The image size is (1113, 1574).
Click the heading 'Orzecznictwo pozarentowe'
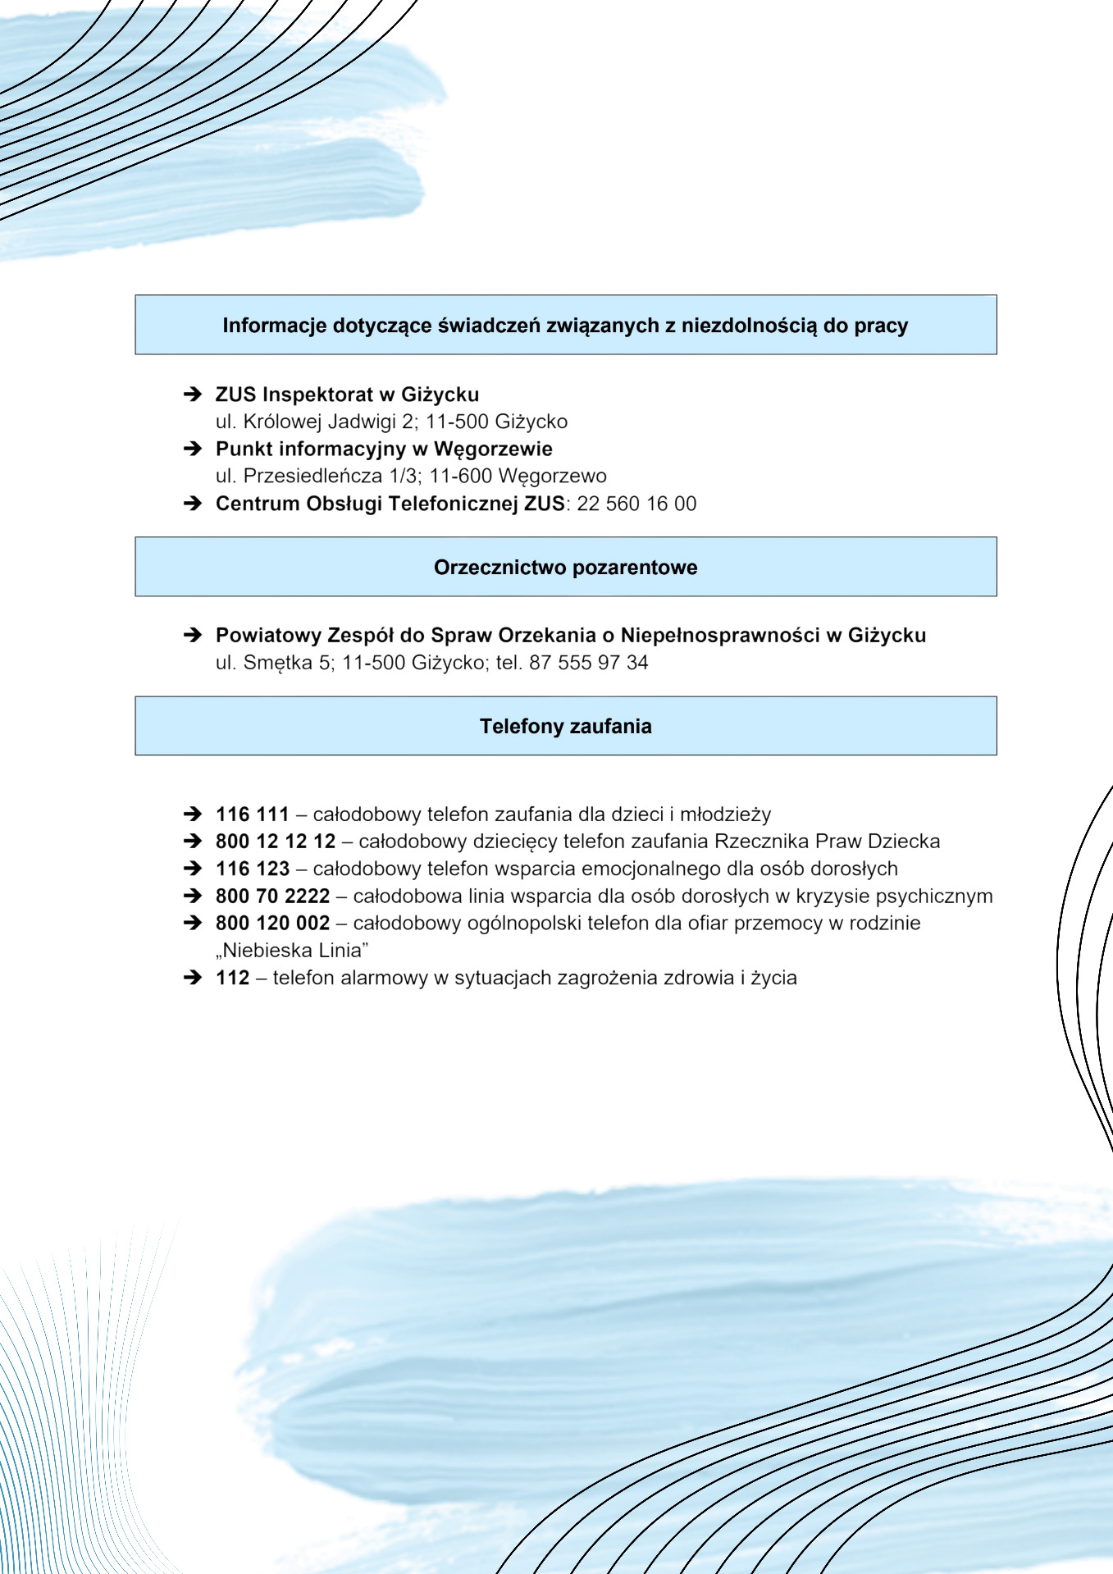[x=565, y=568]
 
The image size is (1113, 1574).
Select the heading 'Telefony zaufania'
[x=565, y=727]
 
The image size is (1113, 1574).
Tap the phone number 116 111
[x=252, y=814]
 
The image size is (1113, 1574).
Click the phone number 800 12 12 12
[x=276, y=842]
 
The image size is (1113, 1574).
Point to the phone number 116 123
[x=253, y=869]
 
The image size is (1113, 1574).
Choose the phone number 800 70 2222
[x=272, y=896]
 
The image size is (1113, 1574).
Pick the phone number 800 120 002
[x=272, y=924]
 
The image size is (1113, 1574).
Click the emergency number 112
[x=232, y=978]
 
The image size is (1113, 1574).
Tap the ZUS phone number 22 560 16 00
[x=636, y=504]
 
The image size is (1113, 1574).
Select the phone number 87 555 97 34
[x=588, y=663]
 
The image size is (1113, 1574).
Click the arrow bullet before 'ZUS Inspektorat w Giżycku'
[x=193, y=395]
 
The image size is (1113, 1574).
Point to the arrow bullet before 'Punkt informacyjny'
[x=193, y=449]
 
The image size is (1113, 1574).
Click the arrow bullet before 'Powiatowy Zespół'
[x=193, y=635]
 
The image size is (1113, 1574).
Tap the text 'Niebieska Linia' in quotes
[x=292, y=951]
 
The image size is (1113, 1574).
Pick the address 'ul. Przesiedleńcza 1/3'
[x=317, y=476]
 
